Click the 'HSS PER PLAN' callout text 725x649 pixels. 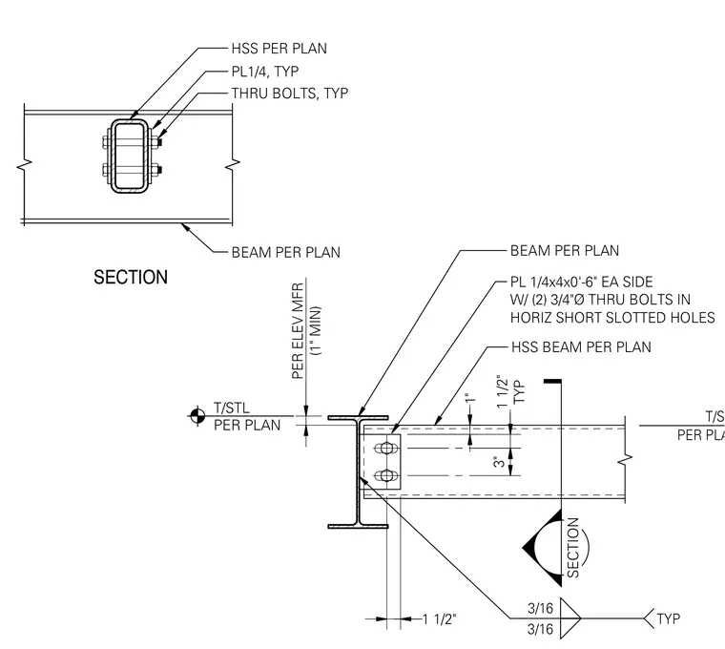[279, 49]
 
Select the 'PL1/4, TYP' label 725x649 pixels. [265, 72]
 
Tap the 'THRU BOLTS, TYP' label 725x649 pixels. [289, 94]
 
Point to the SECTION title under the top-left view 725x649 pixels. [131, 277]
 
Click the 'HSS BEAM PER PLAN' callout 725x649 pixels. [581, 347]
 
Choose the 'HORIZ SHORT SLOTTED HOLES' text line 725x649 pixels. [612, 318]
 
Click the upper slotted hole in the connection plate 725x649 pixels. [386, 449]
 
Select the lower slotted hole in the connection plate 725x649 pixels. [386, 475]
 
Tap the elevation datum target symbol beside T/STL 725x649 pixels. [197, 416]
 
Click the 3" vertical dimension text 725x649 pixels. [499, 462]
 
